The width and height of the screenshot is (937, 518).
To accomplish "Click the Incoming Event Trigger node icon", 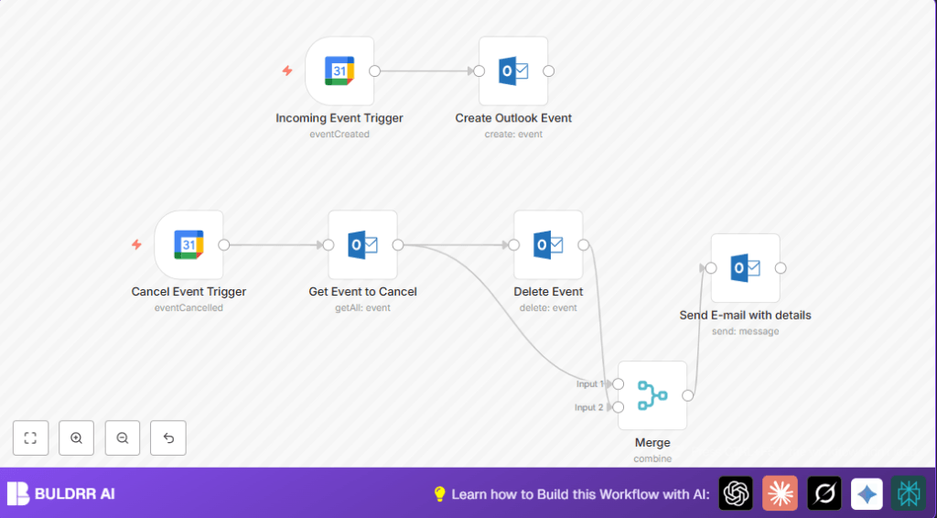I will [x=339, y=70].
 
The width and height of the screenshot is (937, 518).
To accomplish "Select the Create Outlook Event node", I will [x=513, y=70].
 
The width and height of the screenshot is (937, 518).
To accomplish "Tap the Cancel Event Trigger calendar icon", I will [x=188, y=244].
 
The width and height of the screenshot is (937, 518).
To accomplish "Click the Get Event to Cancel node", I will [x=363, y=244].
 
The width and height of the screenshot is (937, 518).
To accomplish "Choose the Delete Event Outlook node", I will [x=548, y=244].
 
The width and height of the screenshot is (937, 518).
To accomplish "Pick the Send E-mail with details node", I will [x=745, y=267].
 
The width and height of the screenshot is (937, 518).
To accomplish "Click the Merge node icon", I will [x=652, y=395].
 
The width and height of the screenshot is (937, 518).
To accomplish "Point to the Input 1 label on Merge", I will [x=589, y=384].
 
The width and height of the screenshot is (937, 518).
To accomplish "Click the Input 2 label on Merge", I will [x=588, y=407].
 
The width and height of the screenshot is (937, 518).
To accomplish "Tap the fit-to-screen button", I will [x=30, y=438].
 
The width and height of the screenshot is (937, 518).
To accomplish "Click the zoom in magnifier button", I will [x=76, y=438].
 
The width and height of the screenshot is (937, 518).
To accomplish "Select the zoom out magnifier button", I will [x=123, y=438].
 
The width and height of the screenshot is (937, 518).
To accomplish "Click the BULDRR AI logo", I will [x=61, y=494].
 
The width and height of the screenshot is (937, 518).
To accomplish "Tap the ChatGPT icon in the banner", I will [x=736, y=493].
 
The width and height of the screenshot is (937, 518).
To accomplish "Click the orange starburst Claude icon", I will [x=780, y=493].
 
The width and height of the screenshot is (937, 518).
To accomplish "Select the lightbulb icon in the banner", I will [x=439, y=494].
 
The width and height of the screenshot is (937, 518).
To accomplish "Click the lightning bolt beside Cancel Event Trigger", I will [x=136, y=244].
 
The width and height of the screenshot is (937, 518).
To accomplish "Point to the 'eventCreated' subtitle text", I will [x=339, y=135].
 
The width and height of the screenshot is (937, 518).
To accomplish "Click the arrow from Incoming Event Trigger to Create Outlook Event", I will [x=425, y=70].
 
